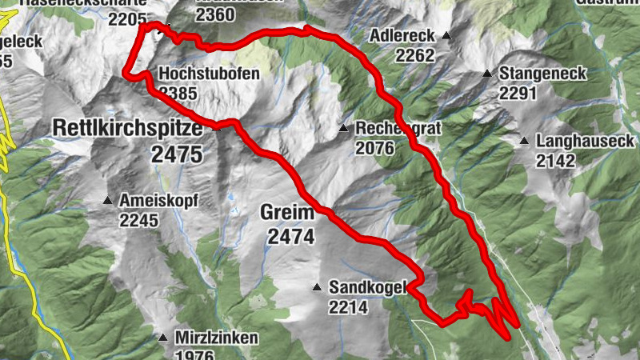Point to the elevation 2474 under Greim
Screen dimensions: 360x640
(291, 236)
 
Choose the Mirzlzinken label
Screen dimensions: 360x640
(217, 338)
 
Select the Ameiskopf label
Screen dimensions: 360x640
(158, 200)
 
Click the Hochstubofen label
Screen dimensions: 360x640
(210, 74)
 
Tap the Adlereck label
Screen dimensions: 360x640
(402, 36)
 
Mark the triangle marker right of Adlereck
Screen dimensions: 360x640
(446, 36)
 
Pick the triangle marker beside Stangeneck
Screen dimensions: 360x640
(487, 74)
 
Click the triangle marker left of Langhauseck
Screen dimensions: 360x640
(524, 142)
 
